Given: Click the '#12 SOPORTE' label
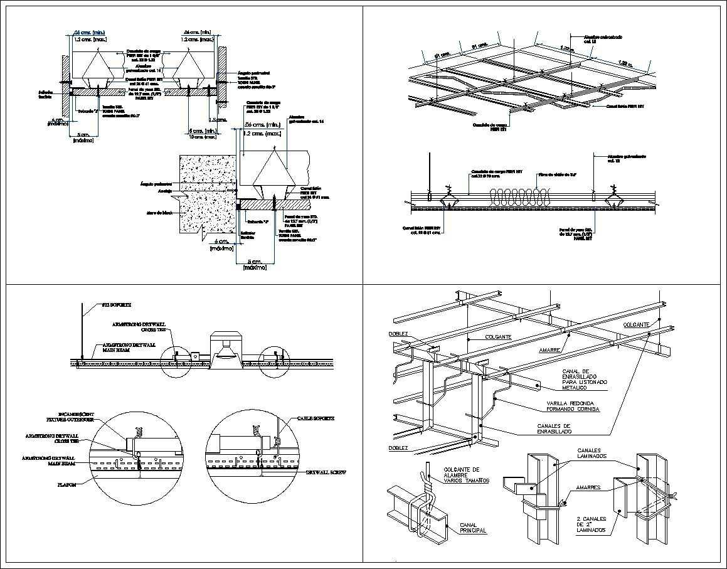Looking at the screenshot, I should [x=116, y=305].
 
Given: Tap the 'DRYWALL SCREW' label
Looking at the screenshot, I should [x=326, y=472].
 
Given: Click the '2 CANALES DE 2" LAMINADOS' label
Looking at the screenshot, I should [x=592, y=524].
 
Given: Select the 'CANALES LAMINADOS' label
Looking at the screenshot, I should [x=592, y=454].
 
